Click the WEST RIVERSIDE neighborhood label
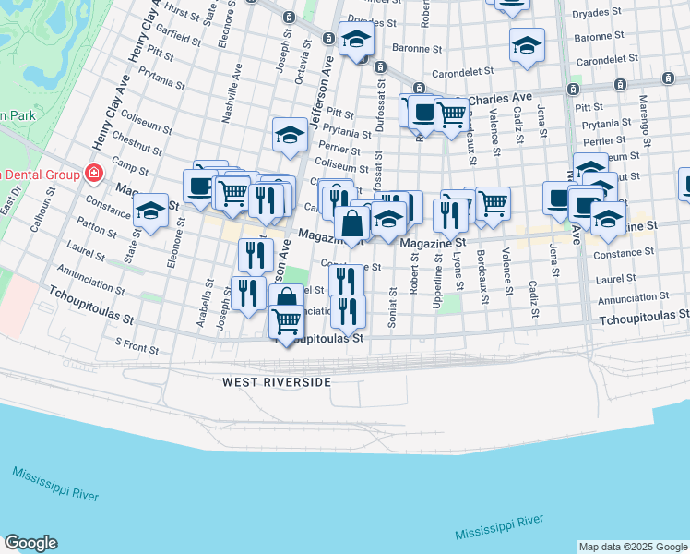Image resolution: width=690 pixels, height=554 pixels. pos(276,381)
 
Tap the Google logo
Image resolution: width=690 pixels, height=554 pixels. pos(30,543)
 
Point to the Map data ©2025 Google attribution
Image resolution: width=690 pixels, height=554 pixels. pos(633,547)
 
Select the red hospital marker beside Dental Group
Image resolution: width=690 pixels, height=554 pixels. pos(92,173)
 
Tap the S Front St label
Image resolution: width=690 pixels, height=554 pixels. pos(137,346)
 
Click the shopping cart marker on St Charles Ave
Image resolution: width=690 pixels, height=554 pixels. pos(450,115)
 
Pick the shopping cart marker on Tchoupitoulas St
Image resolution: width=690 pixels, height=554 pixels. pos(287,322)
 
